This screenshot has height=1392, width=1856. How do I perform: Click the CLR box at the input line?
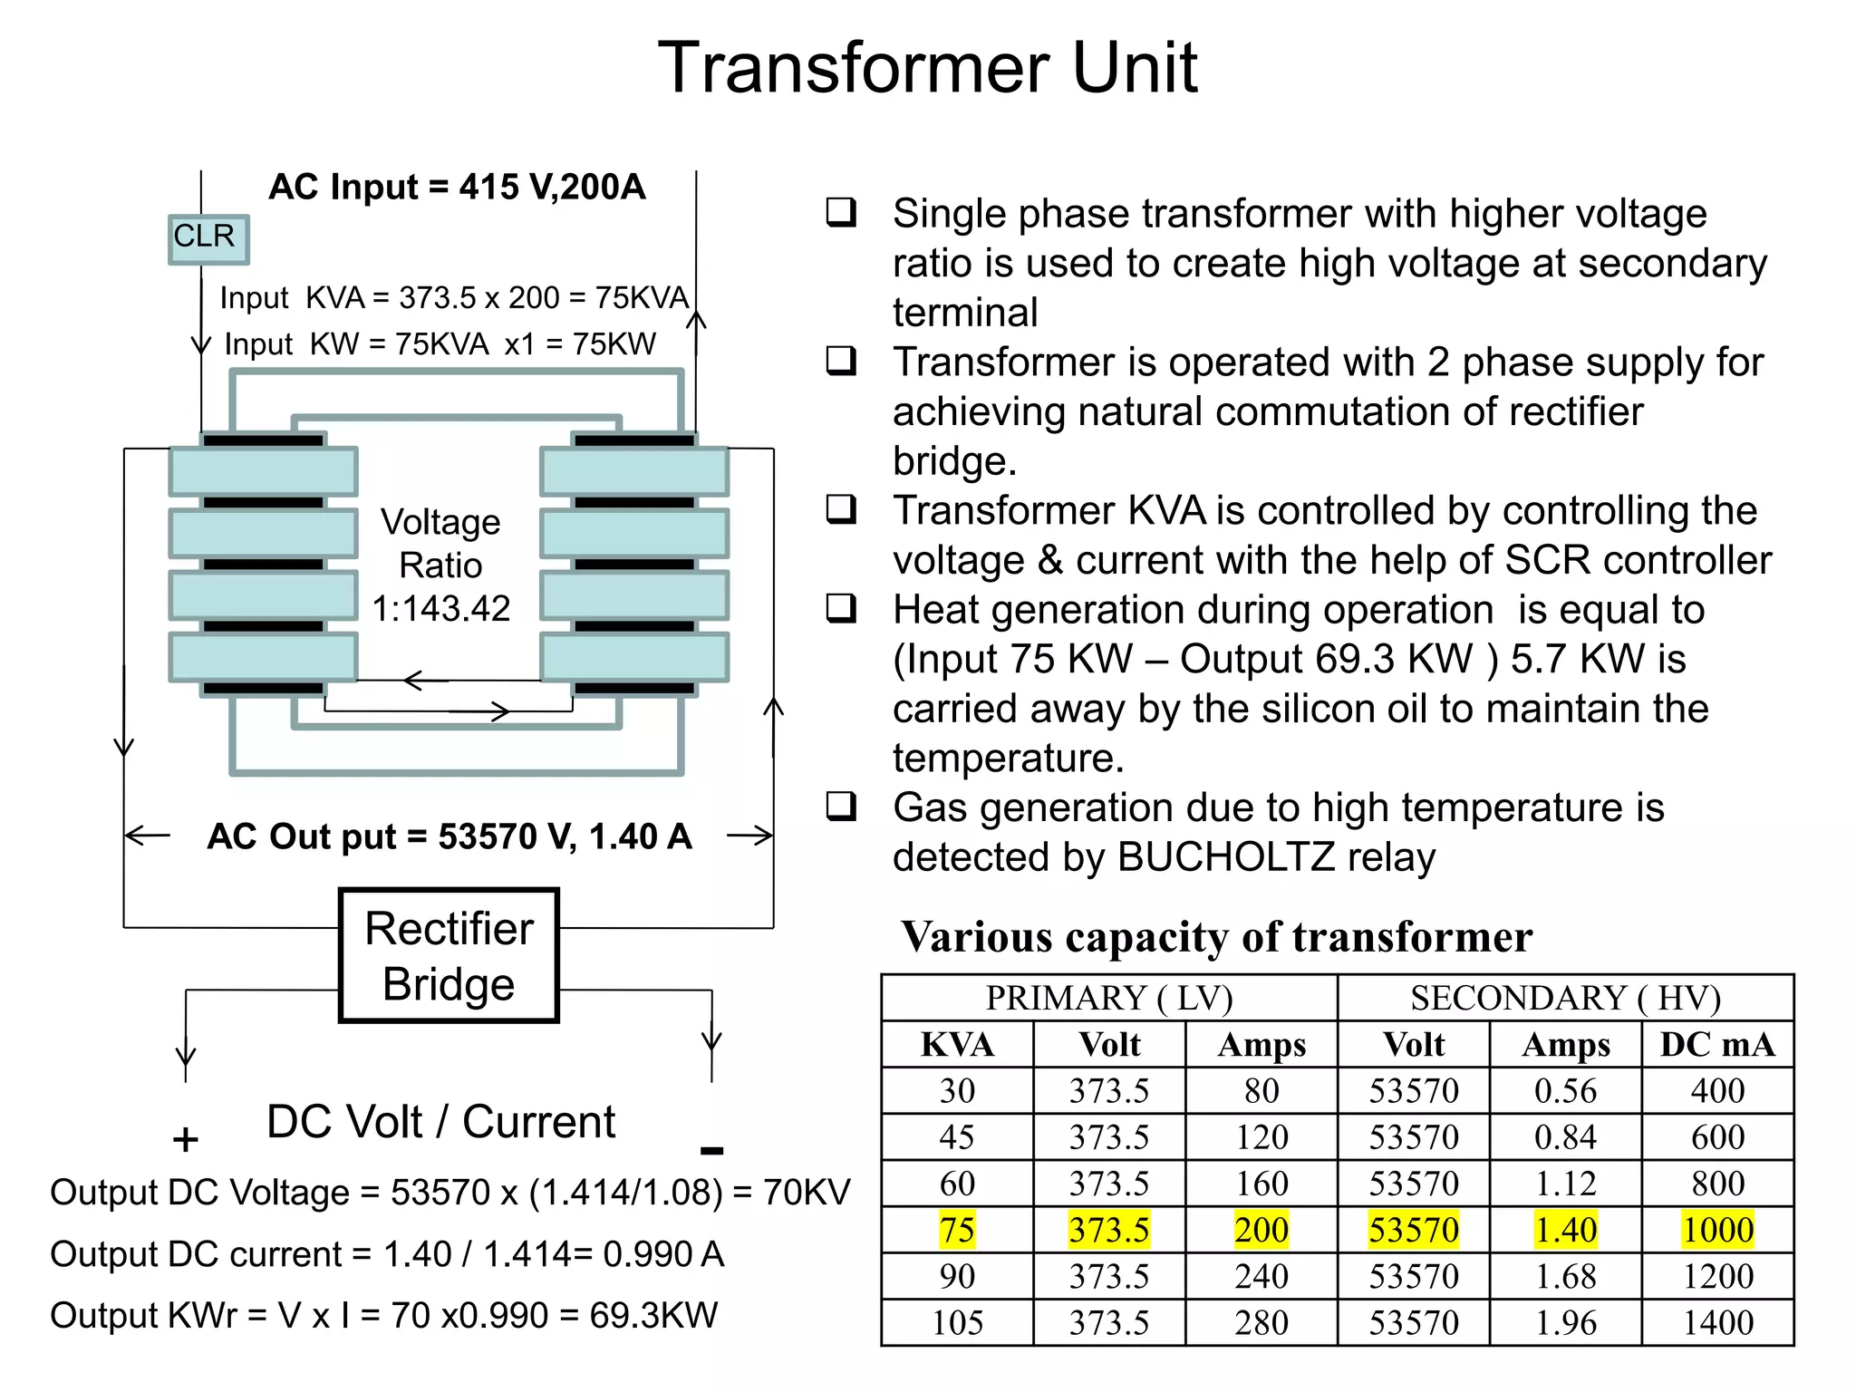[208, 238]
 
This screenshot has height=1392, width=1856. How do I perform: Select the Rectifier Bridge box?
[449, 955]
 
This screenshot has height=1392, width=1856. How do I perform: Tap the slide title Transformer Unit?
[927, 68]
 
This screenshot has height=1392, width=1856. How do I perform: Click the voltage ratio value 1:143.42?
[441, 608]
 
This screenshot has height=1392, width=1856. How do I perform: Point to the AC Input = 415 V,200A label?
[457, 187]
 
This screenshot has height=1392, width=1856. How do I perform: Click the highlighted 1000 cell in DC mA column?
[1717, 1230]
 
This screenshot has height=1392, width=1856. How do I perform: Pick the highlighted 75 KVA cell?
[957, 1230]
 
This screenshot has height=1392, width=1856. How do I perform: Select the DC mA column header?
[1717, 1045]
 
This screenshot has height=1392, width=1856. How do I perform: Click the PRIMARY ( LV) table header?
[1109, 998]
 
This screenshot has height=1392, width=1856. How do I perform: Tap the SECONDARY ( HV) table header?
[1565, 998]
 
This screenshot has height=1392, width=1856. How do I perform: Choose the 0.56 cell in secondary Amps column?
[1565, 1091]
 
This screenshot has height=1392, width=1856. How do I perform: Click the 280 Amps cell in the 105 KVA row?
[1261, 1323]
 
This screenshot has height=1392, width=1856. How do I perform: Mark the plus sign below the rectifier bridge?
[185, 1139]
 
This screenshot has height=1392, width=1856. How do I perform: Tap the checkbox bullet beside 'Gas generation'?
[841, 806]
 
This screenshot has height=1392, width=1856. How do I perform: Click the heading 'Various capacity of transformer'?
[1216, 937]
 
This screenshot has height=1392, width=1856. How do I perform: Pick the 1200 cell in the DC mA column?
[1717, 1277]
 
